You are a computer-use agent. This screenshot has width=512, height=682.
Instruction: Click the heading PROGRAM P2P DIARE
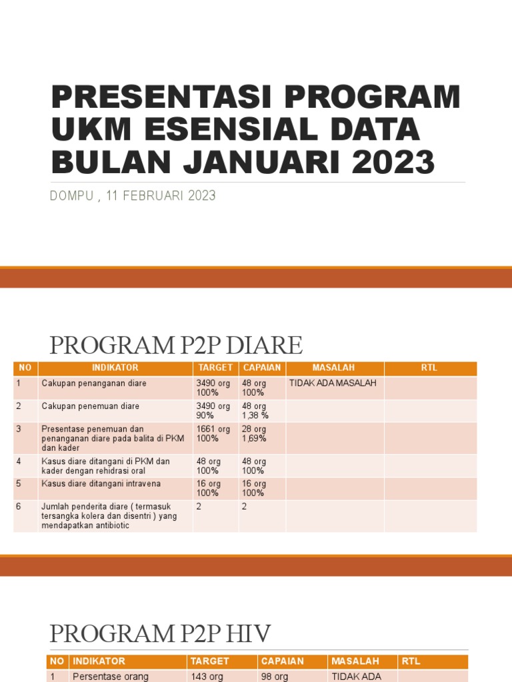point(176,346)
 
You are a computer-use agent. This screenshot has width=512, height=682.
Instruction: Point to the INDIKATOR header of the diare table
point(115,368)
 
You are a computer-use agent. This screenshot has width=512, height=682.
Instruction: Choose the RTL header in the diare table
point(430,368)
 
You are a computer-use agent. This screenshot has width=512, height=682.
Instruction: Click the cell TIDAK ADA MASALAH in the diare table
point(333,384)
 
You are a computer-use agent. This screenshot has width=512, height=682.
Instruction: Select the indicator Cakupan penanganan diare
point(94,384)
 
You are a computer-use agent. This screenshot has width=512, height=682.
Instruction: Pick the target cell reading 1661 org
point(213,429)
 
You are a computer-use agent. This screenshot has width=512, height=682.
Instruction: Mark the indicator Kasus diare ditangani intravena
point(101,484)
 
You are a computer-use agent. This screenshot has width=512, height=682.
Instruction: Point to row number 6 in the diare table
point(19,506)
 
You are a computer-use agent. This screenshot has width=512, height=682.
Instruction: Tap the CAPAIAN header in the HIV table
point(282,661)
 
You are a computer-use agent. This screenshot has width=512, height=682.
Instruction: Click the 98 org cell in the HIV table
point(275,676)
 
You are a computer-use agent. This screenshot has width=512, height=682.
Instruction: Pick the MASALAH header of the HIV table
point(355,661)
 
